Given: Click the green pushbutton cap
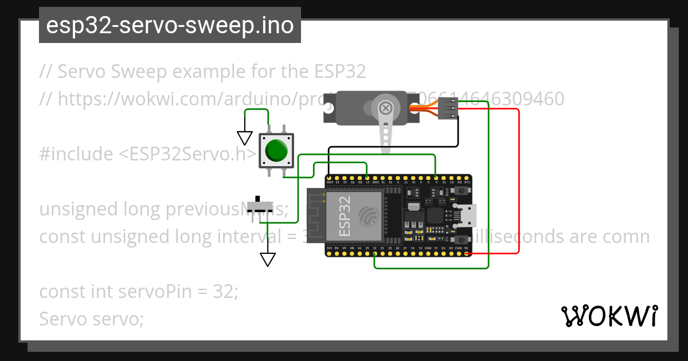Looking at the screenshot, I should coord(276,151).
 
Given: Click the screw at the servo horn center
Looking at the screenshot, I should coord(386,108).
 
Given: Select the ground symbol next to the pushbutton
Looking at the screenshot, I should coord(245,138).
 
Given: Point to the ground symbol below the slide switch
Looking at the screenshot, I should coord(267,260).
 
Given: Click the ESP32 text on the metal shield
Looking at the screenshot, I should coord(345,216).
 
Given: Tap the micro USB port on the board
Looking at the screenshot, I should coord(466,215).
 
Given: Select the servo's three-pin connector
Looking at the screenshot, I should coord(448,108).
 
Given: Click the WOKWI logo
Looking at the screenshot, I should coord(609,316).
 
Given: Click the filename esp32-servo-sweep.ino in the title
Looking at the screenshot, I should coord(170,26).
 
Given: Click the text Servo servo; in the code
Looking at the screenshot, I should coord(91,319).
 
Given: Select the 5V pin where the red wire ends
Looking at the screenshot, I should coord(466,253).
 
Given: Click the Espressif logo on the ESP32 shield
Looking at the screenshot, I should coord(368,216).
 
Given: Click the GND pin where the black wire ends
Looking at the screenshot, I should coord(330,177).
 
